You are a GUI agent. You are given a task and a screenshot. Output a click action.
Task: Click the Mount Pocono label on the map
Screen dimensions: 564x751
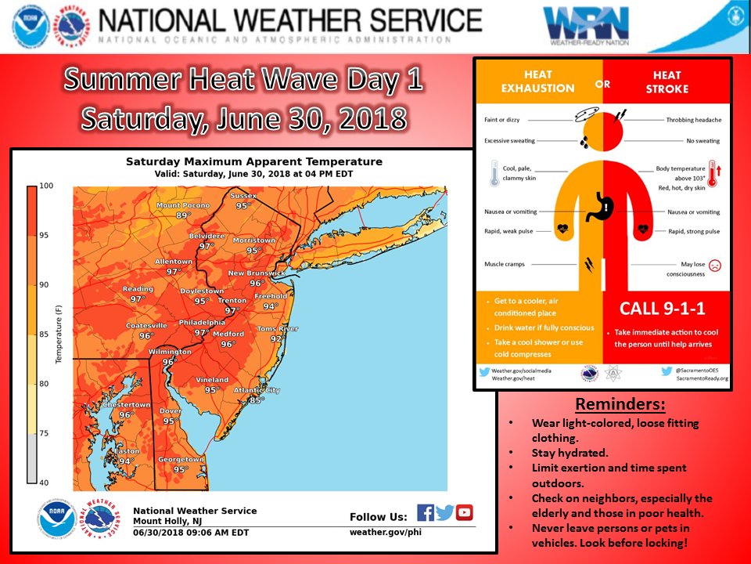[x=183, y=205]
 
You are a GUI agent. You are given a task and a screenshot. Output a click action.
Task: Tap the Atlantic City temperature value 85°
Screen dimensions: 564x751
[x=255, y=400]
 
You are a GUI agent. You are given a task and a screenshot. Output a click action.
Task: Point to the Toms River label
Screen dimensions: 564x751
[x=278, y=328]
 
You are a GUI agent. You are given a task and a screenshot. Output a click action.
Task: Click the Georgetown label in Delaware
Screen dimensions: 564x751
[x=181, y=460]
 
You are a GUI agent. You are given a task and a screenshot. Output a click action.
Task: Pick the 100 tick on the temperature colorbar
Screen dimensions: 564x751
[x=45, y=186]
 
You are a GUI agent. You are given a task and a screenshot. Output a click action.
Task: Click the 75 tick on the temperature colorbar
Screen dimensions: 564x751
[x=45, y=432]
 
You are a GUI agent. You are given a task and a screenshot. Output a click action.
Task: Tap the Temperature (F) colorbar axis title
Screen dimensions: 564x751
[x=58, y=334]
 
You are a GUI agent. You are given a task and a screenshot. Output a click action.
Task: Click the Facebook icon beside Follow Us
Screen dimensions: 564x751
[x=426, y=513]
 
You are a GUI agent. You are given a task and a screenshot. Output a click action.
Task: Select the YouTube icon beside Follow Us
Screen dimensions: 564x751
[x=465, y=513]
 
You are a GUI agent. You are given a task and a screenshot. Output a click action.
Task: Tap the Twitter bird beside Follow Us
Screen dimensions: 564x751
[x=445, y=513]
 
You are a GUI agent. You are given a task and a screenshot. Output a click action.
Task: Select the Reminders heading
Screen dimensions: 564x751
[x=620, y=405]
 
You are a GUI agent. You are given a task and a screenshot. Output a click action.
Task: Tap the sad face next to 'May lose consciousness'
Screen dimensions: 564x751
[x=714, y=266]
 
